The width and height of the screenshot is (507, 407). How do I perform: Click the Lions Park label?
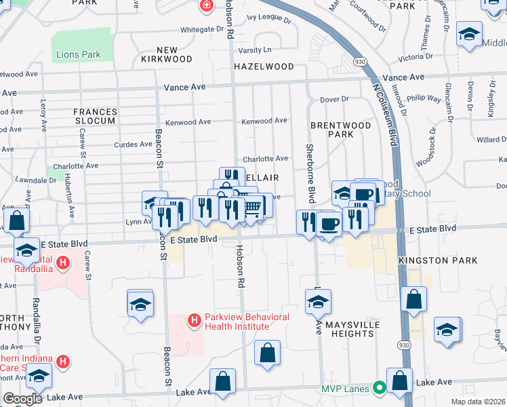click(78, 54)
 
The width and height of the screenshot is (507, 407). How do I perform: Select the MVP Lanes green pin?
click(380, 389)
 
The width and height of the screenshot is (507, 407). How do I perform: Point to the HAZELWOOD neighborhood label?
click(264, 67)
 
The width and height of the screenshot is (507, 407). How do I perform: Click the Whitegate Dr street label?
click(202, 30)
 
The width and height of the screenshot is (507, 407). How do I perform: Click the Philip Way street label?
click(425, 98)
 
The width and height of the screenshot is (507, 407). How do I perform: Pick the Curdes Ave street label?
click(134, 144)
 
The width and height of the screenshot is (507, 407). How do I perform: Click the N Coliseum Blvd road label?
click(384, 115)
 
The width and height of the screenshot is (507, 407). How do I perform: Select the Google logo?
click(22, 398)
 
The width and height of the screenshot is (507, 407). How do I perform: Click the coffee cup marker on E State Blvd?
click(329, 223)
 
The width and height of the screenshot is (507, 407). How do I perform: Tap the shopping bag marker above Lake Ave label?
click(222, 382)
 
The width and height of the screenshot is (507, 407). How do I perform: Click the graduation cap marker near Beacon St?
click(140, 303)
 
